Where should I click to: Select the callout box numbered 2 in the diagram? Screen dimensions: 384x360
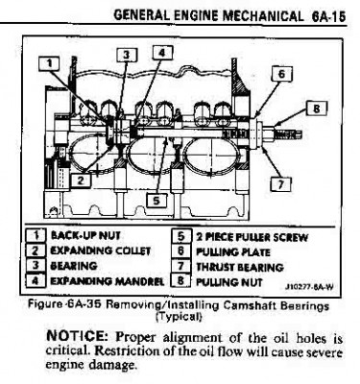pyautogui.click(x=84, y=180)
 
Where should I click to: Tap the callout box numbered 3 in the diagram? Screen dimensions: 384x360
pyautogui.click(x=122, y=56)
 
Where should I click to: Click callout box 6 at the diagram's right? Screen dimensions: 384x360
pyautogui.click(x=279, y=73)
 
